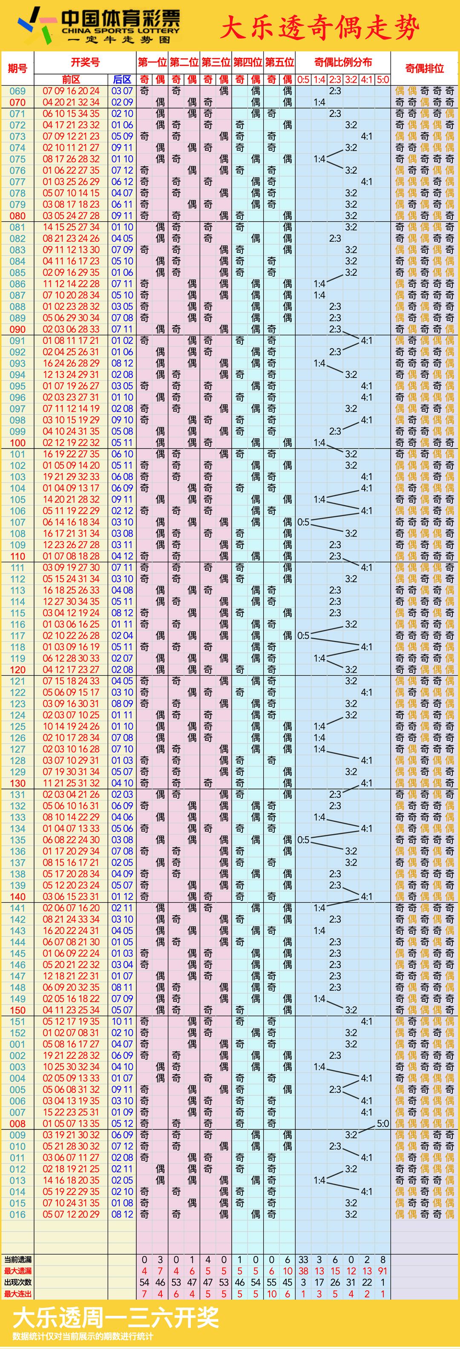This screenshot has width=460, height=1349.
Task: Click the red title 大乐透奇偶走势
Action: click(x=319, y=27)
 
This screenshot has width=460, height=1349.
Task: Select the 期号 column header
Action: click(x=17, y=68)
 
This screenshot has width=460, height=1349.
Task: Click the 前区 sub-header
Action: click(x=71, y=80)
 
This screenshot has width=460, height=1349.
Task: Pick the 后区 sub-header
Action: click(x=122, y=80)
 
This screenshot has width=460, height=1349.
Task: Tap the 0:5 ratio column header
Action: click(x=303, y=80)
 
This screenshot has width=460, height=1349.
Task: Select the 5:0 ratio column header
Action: click(x=383, y=80)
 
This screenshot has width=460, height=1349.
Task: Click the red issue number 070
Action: click(x=17, y=102)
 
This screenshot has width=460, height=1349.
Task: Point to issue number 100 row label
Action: click(x=17, y=443)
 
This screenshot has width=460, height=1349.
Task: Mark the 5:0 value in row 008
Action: click(x=383, y=1123)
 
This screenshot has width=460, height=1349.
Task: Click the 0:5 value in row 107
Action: click(x=303, y=522)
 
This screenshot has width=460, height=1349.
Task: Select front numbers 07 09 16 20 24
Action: click(x=71, y=91)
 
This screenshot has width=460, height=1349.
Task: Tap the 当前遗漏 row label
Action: click(x=18, y=1260)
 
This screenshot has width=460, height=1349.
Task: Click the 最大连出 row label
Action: click(x=18, y=1294)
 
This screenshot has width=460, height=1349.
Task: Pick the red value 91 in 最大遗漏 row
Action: click(x=383, y=1271)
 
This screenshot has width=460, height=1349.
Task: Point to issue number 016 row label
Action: click(x=17, y=1214)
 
